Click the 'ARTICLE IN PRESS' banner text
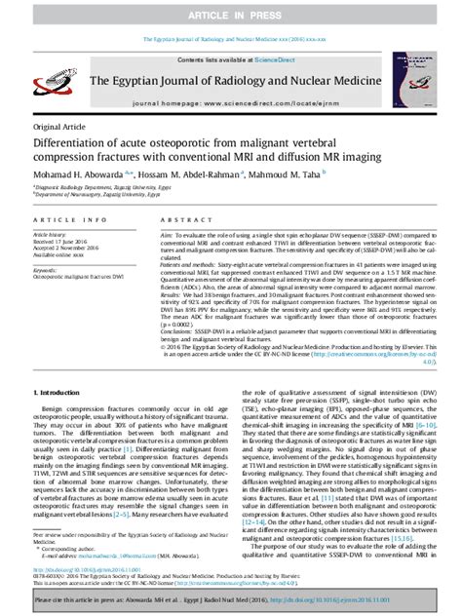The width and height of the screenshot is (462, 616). click(x=231, y=16)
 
